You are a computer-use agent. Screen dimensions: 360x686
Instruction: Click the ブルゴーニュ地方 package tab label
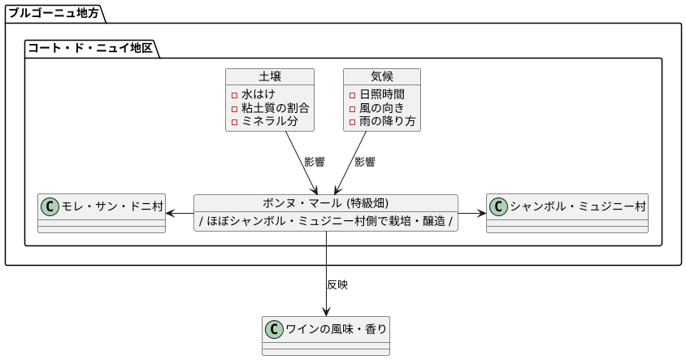click(53, 12)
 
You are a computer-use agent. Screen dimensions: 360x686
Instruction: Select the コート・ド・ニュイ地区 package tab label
click(90, 48)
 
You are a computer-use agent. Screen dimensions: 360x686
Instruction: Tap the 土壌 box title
click(270, 76)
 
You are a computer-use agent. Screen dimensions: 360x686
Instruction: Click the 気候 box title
click(381, 76)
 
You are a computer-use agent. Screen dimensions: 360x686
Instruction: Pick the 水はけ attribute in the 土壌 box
click(258, 94)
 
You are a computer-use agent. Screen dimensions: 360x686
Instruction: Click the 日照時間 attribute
click(381, 94)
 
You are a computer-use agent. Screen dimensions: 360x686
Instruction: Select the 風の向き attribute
click(381, 108)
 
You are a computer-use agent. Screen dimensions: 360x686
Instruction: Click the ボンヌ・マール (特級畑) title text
click(325, 203)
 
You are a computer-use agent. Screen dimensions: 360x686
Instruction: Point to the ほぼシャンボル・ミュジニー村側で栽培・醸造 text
click(325, 221)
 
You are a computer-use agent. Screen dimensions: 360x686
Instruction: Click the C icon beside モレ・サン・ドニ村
click(50, 206)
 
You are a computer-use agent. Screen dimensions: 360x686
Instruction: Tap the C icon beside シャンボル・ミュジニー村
click(497, 206)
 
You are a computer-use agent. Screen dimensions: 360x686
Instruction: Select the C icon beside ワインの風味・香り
click(274, 329)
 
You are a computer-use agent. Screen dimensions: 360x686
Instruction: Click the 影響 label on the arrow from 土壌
click(315, 162)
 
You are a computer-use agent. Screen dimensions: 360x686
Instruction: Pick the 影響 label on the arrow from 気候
click(364, 162)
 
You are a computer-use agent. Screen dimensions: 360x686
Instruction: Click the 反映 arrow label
click(337, 285)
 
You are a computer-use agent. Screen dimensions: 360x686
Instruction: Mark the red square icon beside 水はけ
click(234, 95)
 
